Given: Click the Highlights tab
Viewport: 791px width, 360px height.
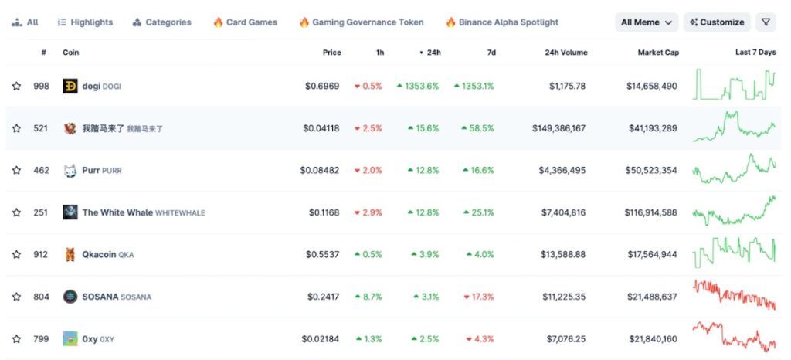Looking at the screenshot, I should click(x=85, y=22).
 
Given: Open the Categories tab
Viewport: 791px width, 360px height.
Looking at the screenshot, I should click(x=162, y=22).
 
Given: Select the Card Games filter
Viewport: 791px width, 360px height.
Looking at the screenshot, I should click(x=245, y=22).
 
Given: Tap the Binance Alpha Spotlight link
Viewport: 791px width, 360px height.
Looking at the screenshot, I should click(x=501, y=22).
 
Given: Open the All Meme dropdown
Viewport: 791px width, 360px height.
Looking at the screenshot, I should click(x=647, y=22).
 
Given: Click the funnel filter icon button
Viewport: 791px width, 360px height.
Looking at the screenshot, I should click(x=766, y=22).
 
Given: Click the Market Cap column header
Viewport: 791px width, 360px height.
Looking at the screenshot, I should click(x=657, y=53).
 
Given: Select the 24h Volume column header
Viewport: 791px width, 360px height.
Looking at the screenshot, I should click(x=565, y=53).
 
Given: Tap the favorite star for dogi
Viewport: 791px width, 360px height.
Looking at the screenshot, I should click(x=16, y=86).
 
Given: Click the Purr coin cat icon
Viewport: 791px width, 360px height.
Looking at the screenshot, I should click(x=70, y=170).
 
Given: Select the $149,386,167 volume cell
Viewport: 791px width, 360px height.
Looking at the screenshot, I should click(x=558, y=128).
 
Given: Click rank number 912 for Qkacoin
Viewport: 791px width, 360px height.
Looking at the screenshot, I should click(x=41, y=254).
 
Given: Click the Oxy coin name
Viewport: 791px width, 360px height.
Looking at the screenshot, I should click(x=90, y=338).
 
